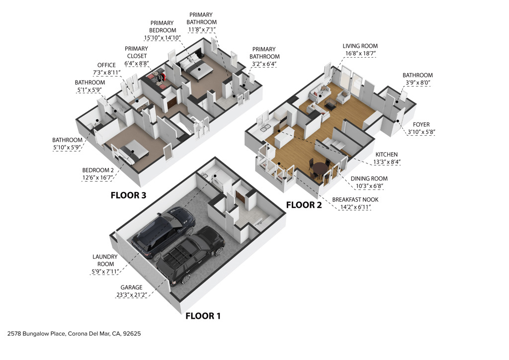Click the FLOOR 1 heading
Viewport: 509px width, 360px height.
coord(203,316)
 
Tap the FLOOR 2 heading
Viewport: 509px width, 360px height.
coord(304,204)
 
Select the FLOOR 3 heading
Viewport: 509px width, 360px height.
coord(128,195)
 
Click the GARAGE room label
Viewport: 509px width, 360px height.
coord(131,287)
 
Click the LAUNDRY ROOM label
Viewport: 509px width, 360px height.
coord(104,261)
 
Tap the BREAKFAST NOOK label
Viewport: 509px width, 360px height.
coord(355,199)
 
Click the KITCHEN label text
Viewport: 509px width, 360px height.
coord(386,155)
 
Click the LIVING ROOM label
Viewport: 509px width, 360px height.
coord(360,46)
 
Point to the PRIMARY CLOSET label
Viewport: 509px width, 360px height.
coord(136,52)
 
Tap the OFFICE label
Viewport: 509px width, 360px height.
coord(106,65)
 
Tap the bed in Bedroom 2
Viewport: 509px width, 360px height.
coord(131,151)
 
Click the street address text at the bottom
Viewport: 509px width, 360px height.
coord(74,334)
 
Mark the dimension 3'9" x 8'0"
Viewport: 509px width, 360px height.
coord(418,84)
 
